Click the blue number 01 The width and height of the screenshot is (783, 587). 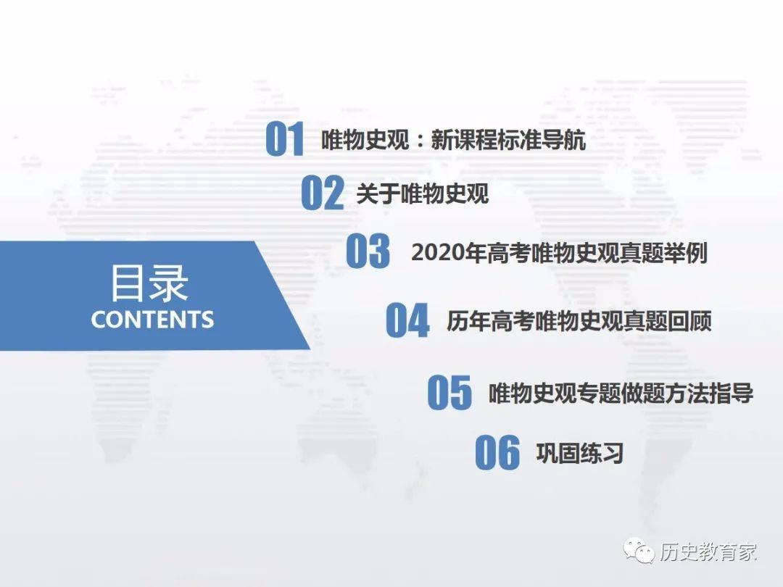point(285,138)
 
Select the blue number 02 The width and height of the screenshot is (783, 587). point(323,192)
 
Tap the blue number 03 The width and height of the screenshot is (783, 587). point(368,251)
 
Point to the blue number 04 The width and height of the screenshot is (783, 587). point(407,320)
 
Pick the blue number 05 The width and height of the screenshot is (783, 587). point(449,392)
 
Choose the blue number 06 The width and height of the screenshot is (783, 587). point(497,452)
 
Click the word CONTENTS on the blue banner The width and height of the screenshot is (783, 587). point(152,320)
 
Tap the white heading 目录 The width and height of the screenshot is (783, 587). point(149,283)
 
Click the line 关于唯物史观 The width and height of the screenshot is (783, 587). point(423,193)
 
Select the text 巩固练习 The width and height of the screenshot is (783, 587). point(580,453)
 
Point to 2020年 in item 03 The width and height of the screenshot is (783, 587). point(449,253)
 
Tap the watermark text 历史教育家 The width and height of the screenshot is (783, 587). point(708,551)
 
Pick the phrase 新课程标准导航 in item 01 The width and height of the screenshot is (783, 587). point(508,140)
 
